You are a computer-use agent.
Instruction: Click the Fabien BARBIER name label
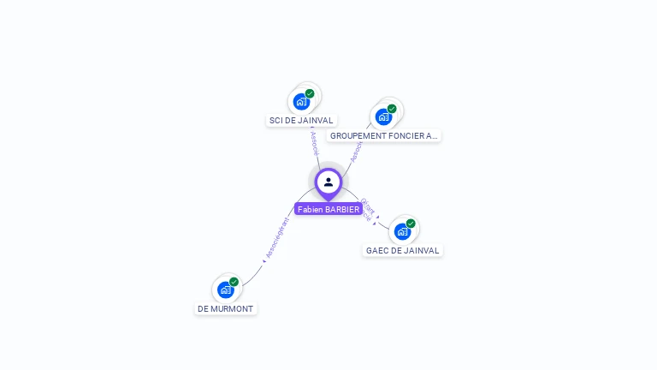pyautogui.click(x=328, y=209)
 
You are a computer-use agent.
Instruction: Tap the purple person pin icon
pyautogui.click(x=328, y=182)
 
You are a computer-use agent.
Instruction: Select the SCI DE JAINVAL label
pyautogui.click(x=301, y=121)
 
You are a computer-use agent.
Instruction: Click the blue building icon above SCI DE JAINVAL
pyautogui.click(x=301, y=102)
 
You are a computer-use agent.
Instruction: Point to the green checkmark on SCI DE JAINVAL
pyautogui.click(x=310, y=93)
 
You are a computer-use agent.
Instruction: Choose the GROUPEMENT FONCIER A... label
pyautogui.click(x=383, y=135)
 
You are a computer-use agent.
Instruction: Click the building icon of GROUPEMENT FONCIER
pyautogui.click(x=383, y=116)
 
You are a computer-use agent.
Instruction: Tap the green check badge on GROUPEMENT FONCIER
pyautogui.click(x=392, y=109)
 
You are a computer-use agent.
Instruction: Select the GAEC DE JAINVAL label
pyautogui.click(x=402, y=251)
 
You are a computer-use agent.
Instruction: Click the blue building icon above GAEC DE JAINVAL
pyautogui.click(x=402, y=231)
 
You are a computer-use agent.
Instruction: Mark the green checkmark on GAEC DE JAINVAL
pyautogui.click(x=411, y=224)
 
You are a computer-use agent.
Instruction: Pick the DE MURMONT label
pyautogui.click(x=226, y=308)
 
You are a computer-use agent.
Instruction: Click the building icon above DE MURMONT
pyautogui.click(x=226, y=289)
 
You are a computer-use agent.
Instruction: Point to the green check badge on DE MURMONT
pyautogui.click(x=234, y=282)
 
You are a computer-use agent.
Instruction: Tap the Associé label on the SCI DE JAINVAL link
pyautogui.click(x=314, y=142)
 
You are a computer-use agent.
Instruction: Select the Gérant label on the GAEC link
pyautogui.click(x=368, y=206)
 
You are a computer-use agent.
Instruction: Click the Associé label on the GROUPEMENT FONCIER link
pyautogui.click(x=355, y=152)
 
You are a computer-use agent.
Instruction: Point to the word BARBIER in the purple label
pyautogui.click(x=342, y=209)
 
